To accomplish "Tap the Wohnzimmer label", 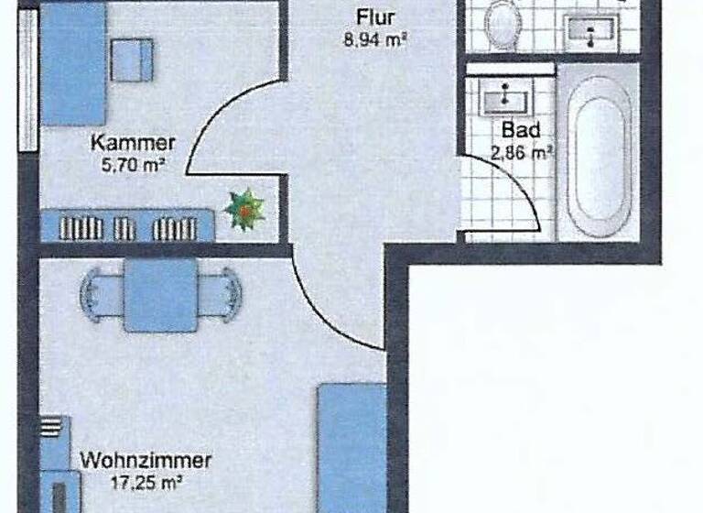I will point(146,460).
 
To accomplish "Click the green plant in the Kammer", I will point(246,210).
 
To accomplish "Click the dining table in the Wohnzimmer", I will point(160,295).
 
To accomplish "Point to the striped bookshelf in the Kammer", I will point(128,226).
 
